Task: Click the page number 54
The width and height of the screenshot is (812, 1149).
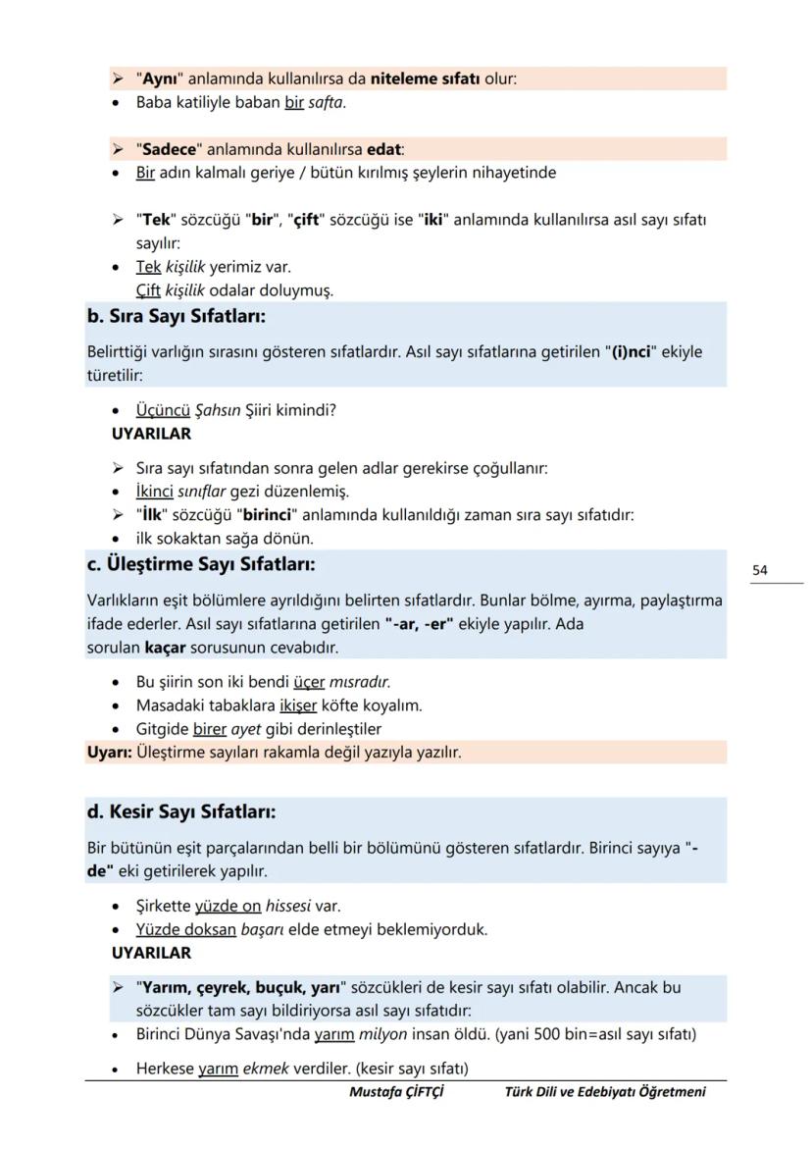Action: click(760, 570)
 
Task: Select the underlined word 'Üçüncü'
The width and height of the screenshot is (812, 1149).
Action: click(163, 411)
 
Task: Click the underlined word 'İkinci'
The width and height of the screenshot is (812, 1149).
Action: click(155, 491)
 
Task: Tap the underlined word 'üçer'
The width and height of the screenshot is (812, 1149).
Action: click(309, 682)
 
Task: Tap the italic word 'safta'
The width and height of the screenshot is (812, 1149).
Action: click(326, 102)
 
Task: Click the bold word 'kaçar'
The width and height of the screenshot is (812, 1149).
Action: click(165, 649)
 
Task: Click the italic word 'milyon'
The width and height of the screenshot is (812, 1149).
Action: click(381, 1034)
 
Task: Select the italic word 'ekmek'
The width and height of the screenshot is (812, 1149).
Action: click(265, 1069)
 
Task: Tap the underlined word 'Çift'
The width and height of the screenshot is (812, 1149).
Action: click(148, 290)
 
